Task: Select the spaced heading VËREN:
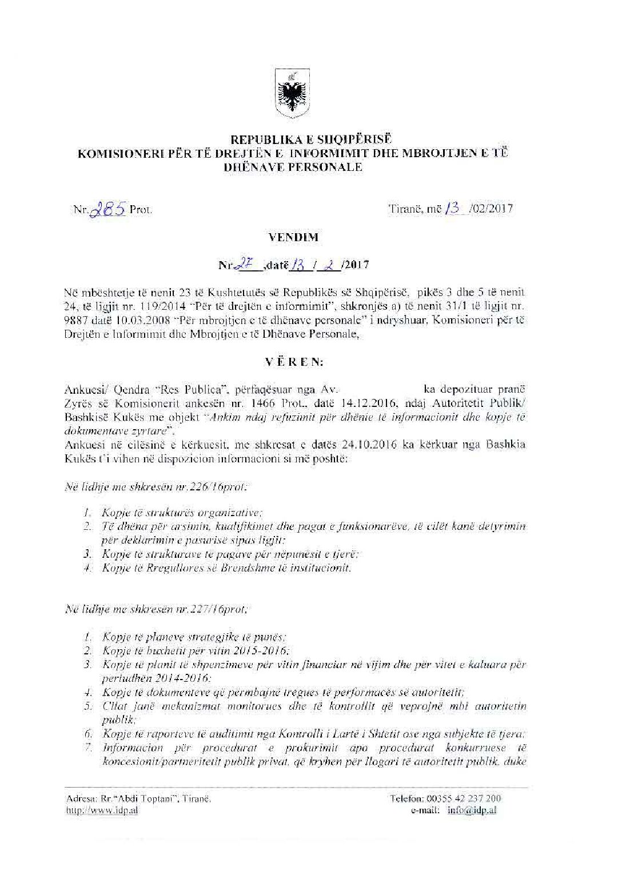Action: pos(294,362)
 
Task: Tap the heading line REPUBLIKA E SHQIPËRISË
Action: pos(295,139)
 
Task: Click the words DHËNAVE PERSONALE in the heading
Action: pos(295,167)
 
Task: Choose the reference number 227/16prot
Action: pos(218,609)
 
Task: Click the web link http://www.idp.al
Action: pos(102,810)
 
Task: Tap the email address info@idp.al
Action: pos(472,810)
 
